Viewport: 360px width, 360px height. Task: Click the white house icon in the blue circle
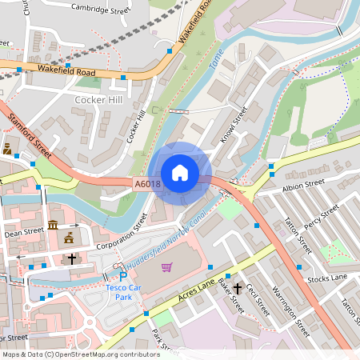click(180, 173)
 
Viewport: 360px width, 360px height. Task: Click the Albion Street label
click(304, 186)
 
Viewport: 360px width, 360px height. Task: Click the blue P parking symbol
click(123, 276)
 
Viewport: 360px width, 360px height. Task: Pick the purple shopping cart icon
click(166, 267)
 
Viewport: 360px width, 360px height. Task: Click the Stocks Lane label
click(328, 278)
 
